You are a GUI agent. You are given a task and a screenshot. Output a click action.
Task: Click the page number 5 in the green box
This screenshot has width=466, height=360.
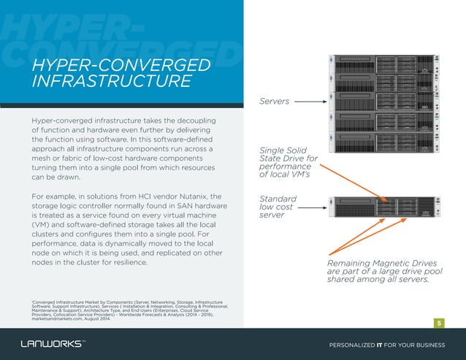(x=440, y=323)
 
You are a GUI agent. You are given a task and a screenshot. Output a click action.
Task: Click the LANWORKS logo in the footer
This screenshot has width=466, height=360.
(x=52, y=344)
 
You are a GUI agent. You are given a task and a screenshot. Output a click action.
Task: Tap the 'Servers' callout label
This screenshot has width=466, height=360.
(x=275, y=101)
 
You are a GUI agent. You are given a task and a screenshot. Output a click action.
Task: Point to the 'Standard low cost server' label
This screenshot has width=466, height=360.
(x=278, y=207)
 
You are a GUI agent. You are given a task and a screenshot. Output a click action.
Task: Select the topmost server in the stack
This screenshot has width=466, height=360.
(x=383, y=66)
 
